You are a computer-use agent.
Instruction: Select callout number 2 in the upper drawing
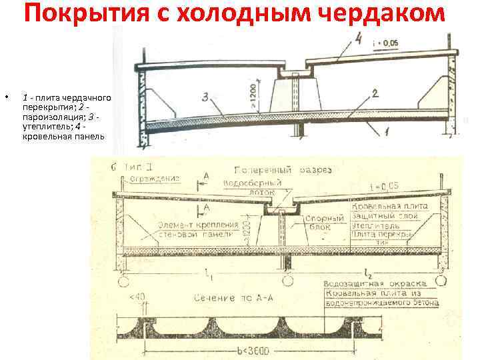click(376, 95)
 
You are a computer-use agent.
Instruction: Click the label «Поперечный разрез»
click(283, 170)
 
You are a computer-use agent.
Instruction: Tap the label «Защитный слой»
click(385, 216)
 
